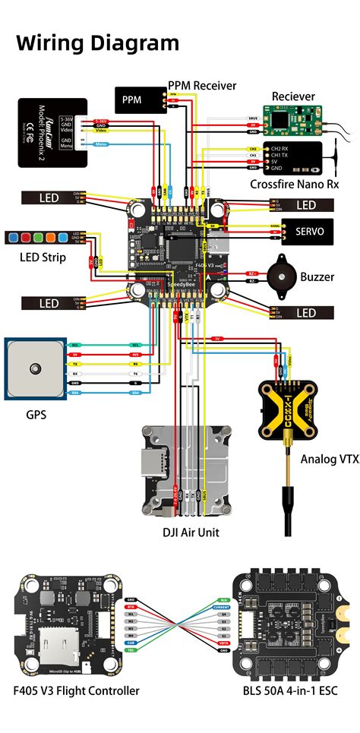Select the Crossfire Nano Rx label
(x=294, y=185)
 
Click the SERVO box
(x=307, y=231)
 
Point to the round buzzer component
(x=279, y=276)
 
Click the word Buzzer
(x=317, y=277)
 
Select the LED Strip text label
(x=43, y=257)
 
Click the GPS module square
(x=34, y=368)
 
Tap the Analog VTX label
(x=329, y=459)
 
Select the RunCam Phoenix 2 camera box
(x=53, y=132)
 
